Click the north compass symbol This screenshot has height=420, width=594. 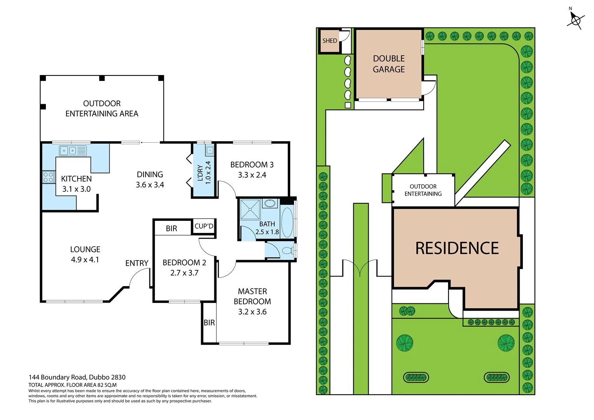click(x=575, y=19)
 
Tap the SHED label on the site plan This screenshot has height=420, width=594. click(x=329, y=41)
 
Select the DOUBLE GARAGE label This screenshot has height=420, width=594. click(x=389, y=64)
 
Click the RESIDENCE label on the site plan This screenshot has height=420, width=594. click(x=457, y=248)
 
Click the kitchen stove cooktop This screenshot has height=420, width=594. click(x=49, y=177)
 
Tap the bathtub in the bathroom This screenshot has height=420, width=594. click(x=287, y=222)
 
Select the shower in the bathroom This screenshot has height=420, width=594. click(x=250, y=210)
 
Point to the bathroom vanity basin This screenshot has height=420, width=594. click(x=270, y=203)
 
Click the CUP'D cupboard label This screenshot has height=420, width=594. click(x=204, y=226)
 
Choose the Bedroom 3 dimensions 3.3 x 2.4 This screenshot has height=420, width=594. click(x=252, y=175)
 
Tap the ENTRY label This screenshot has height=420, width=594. click(x=137, y=263)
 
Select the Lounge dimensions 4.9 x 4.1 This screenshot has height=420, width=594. click(x=85, y=259)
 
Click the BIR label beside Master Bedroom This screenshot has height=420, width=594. click(x=209, y=322)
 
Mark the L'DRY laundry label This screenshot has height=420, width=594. click(x=200, y=173)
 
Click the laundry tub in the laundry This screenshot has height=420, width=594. click(x=210, y=150)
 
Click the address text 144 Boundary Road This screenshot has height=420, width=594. click(x=77, y=377)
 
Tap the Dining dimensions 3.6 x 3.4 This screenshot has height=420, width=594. click(x=150, y=185)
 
